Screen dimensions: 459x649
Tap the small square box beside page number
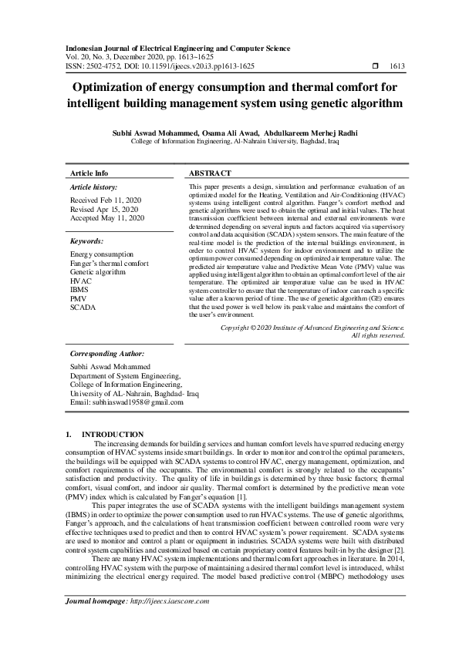[x=376, y=67]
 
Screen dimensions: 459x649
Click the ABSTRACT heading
[x=210, y=174]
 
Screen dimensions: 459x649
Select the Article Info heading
[x=89, y=174]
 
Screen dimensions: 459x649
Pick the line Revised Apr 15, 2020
[x=104, y=209]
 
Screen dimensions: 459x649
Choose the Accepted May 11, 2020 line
[x=106, y=218]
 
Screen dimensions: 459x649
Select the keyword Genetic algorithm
[x=96, y=272]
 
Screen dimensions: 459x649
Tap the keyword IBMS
[x=79, y=291]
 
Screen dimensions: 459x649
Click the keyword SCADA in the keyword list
[x=82, y=308]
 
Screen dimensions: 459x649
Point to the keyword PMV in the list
[x=78, y=299]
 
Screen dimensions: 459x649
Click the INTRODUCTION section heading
[x=113, y=435]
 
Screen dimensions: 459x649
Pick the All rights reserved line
[x=377, y=335]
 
